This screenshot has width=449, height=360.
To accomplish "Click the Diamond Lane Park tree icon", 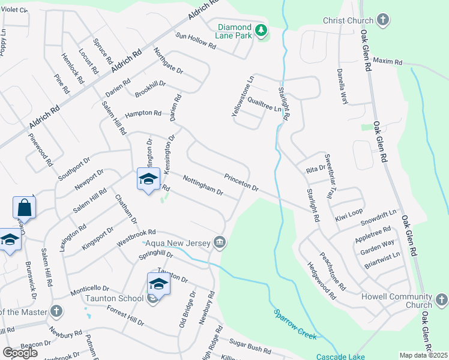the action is [x=261, y=30].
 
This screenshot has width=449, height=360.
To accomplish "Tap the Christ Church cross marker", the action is [x=382, y=20].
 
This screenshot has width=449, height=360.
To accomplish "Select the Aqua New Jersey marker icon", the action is [x=220, y=242].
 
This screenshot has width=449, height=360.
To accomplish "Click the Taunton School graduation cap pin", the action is [x=158, y=283].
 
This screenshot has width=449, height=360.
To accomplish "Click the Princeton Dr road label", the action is [x=241, y=182].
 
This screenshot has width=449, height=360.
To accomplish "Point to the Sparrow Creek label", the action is [x=295, y=325].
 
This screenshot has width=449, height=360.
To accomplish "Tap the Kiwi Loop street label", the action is [x=350, y=212].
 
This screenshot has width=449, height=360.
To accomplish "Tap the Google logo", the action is [x=20, y=353].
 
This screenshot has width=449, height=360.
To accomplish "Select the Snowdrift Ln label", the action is [x=379, y=217].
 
